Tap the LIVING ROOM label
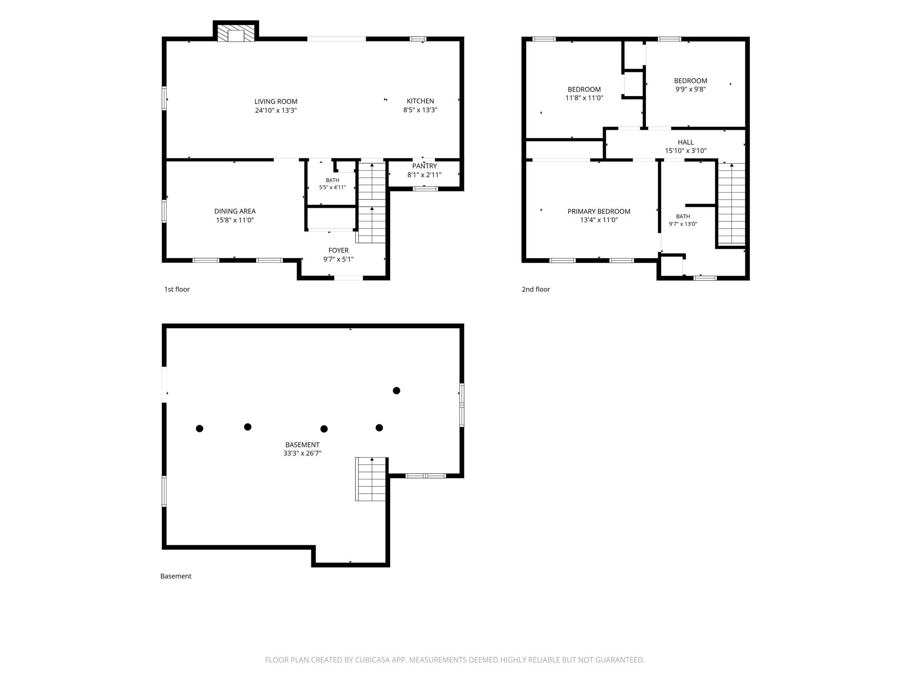276,101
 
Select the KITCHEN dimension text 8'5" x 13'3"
420,110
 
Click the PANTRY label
424,166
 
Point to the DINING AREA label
235,211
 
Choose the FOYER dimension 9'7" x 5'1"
339,259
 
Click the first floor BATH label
332,180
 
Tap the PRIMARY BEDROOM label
599,211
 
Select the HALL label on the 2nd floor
686,142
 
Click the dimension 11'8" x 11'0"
584,98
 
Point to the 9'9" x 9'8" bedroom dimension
690,89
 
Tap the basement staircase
371,479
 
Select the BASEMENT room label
303,445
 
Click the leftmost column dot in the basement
200,429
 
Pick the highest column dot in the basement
396,390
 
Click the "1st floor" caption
177,289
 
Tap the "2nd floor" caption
536,289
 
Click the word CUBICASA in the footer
373,660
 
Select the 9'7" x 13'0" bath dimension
683,224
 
